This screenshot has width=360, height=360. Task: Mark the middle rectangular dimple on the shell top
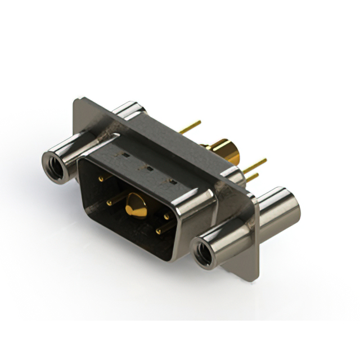148,167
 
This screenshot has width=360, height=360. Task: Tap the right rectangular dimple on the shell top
172,181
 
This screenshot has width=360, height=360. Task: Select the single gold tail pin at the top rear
191,127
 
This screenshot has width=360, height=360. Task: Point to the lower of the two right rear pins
253,177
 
